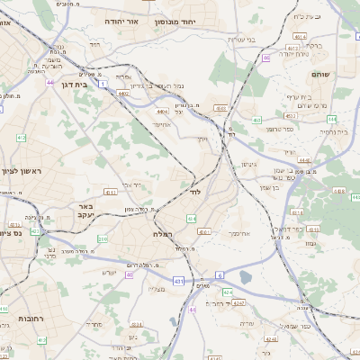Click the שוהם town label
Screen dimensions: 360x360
click(319, 74)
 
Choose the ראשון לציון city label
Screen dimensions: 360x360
click(23, 170)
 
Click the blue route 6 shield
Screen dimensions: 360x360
click(219, 275)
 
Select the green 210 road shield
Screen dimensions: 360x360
click(103, 239)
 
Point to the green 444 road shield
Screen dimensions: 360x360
click(331, 119)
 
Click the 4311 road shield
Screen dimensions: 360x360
click(112, 193)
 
